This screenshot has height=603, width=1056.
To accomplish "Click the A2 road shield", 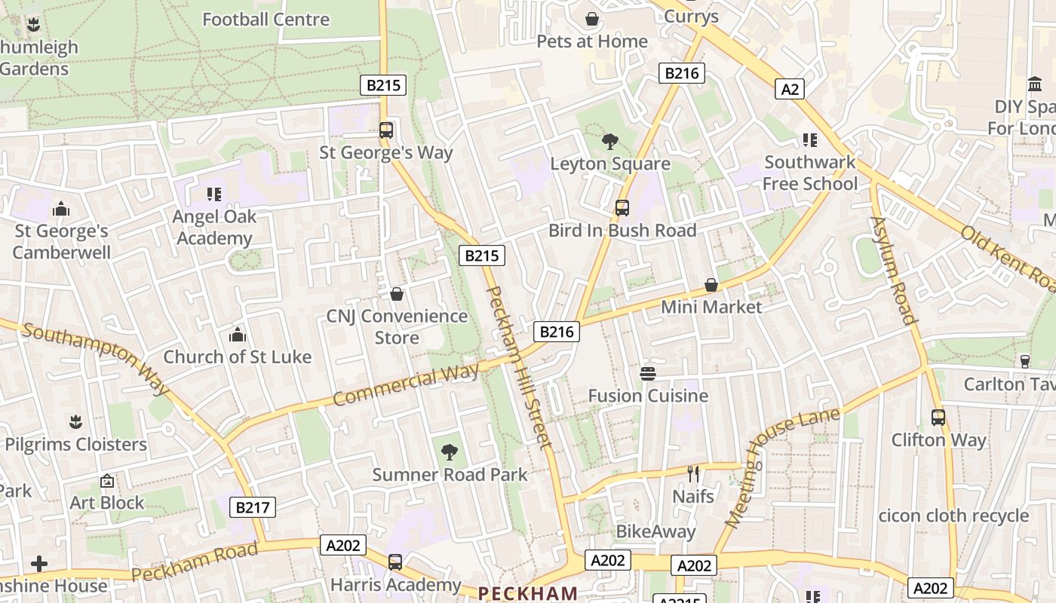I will pyautogui.click(x=789, y=90).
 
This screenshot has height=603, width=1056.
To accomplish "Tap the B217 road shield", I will pyautogui.click(x=253, y=507).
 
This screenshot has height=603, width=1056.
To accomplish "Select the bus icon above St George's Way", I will pyautogui.click(x=386, y=130).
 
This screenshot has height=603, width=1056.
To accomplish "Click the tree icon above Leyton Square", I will pyautogui.click(x=610, y=141).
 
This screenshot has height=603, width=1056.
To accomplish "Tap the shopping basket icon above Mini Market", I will pyautogui.click(x=711, y=285).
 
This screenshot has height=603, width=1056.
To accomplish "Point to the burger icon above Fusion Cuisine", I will pyautogui.click(x=647, y=373).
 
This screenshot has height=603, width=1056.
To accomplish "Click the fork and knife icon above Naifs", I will pyautogui.click(x=693, y=474).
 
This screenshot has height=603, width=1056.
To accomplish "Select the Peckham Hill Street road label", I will pyautogui.click(x=520, y=367).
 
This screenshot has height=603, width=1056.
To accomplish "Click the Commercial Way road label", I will pyautogui.click(x=406, y=384).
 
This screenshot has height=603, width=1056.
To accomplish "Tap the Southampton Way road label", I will pyautogui.click(x=96, y=357).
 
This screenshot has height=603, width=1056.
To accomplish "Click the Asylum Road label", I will pyautogui.click(x=893, y=270).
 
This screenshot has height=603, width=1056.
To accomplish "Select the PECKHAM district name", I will pyautogui.click(x=528, y=593).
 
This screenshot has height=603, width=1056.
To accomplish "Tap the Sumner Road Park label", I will pyautogui.click(x=450, y=475).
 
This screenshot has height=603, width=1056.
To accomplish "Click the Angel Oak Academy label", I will pyautogui.click(x=214, y=228).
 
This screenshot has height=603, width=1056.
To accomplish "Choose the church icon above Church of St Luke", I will pyautogui.click(x=238, y=335).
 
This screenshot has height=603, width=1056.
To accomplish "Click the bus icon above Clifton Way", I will pyautogui.click(x=938, y=418).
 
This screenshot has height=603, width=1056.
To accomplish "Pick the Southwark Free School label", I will pyautogui.click(x=810, y=173).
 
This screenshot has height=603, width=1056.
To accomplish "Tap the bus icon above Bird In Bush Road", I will pyautogui.click(x=622, y=208).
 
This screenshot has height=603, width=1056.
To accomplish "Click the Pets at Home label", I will pyautogui.click(x=592, y=41).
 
